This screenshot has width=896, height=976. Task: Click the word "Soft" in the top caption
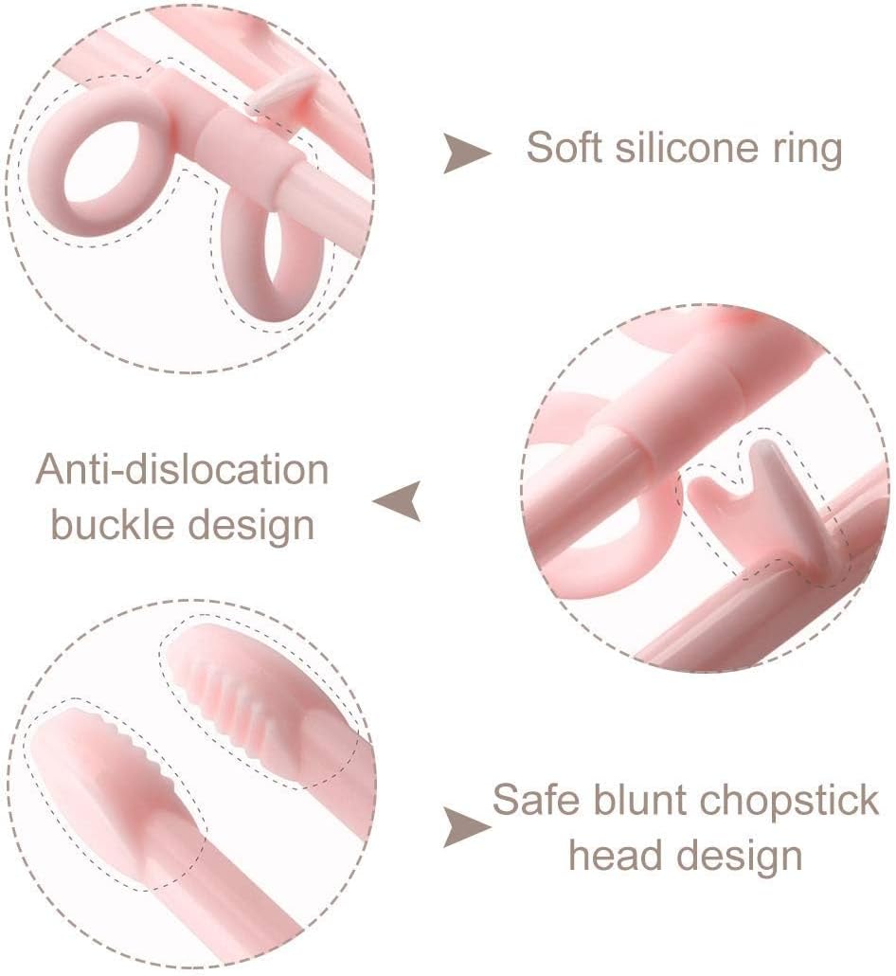point(565,148)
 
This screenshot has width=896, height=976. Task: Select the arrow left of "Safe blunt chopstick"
point(467,827)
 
